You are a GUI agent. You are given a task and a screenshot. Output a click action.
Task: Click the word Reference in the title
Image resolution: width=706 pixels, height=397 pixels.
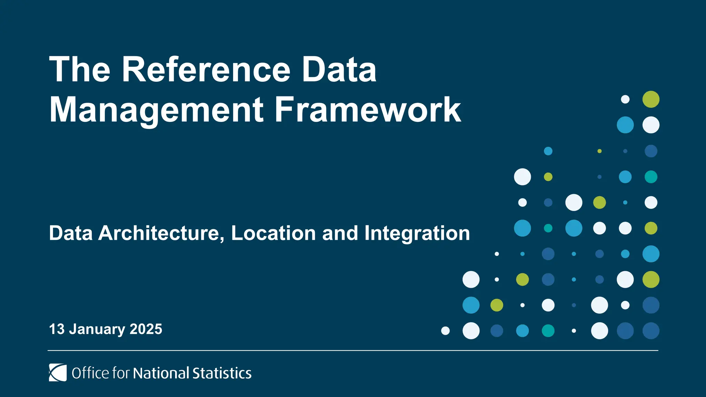(x=206, y=70)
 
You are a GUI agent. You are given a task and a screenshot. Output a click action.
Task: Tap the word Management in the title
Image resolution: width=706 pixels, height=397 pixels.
(x=157, y=110)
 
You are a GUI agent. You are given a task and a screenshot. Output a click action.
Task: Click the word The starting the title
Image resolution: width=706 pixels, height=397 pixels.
(x=80, y=70)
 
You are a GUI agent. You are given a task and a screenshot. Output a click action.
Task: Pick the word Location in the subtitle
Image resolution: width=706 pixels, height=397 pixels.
(x=273, y=233)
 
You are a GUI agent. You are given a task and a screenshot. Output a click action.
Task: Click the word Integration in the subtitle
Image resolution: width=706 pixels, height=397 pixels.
(x=417, y=233)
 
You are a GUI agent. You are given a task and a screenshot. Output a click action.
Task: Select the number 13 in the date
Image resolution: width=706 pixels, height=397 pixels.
(x=57, y=329)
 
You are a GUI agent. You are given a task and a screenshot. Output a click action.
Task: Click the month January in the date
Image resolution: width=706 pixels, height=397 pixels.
(x=97, y=329)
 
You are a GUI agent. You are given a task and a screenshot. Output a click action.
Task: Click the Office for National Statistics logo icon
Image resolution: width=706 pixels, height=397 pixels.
(x=58, y=373)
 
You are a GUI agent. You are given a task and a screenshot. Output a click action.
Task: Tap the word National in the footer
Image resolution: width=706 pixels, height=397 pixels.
(x=161, y=373)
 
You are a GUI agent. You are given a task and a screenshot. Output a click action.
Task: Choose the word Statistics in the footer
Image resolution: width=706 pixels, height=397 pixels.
(x=222, y=373)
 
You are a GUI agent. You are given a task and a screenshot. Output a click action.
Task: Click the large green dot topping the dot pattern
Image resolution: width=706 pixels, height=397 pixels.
(x=651, y=99)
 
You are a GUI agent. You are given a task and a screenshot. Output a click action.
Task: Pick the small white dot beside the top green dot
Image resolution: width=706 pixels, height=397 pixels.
(x=625, y=99)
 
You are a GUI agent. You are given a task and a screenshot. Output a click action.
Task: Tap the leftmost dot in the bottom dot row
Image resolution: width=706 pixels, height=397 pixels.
(x=445, y=331)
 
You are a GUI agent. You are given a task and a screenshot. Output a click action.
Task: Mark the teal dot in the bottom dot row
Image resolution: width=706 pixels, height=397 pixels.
(x=548, y=331)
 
